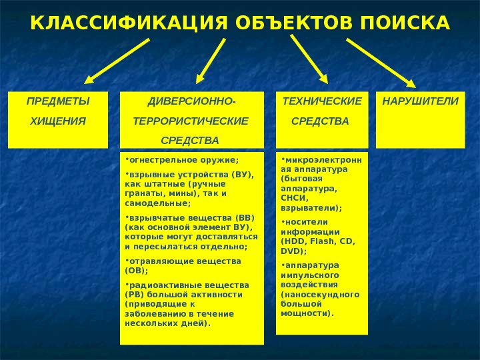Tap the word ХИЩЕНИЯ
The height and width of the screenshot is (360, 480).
(56, 121)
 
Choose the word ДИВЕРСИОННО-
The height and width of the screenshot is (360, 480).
(191, 101)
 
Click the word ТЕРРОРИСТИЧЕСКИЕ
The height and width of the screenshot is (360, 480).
(191, 121)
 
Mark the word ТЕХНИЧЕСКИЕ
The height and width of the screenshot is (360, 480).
(323, 101)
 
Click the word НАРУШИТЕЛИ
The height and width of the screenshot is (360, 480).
(420, 101)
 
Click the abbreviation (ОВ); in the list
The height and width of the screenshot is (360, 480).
(137, 271)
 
